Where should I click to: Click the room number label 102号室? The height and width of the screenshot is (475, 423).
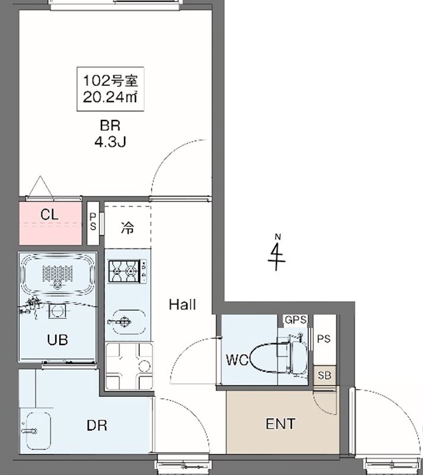pyautogui.click(x=110, y=80)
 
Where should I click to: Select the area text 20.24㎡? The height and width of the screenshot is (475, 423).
pyautogui.click(x=110, y=97)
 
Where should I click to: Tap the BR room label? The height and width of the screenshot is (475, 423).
pyautogui.click(x=110, y=126)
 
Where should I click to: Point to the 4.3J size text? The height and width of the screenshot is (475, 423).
pyautogui.click(x=110, y=142)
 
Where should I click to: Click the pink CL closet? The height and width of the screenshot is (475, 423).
pyautogui.click(x=50, y=223)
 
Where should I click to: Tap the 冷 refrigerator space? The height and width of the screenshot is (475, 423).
pyautogui.click(x=127, y=227)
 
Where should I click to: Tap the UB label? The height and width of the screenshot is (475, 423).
pyautogui.click(x=57, y=340)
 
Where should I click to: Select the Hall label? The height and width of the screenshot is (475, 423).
pyautogui.click(x=182, y=305)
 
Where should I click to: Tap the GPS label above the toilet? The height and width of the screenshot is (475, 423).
pyautogui.click(x=295, y=319)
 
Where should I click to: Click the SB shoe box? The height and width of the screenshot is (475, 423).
pyautogui.click(x=325, y=375)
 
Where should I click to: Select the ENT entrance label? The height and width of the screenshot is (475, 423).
pyautogui.click(x=280, y=425)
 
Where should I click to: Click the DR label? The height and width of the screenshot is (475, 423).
pyautogui.click(x=96, y=425)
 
